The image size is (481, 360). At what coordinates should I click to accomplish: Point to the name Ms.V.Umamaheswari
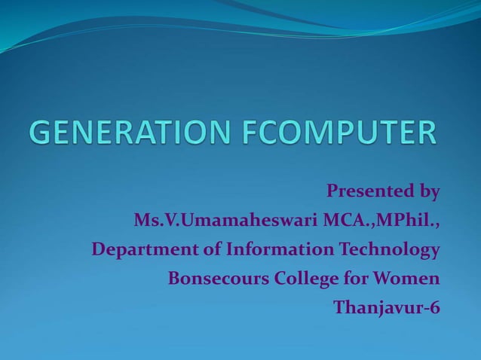[x=225, y=221]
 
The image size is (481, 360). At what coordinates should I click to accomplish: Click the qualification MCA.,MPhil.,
[x=381, y=221]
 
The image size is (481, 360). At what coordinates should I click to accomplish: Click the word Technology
[x=389, y=249]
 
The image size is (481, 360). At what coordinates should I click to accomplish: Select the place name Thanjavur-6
[x=387, y=308]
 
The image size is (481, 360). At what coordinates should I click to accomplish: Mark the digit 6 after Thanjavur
[x=434, y=307]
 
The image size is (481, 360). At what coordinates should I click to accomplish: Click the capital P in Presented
[x=332, y=191]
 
